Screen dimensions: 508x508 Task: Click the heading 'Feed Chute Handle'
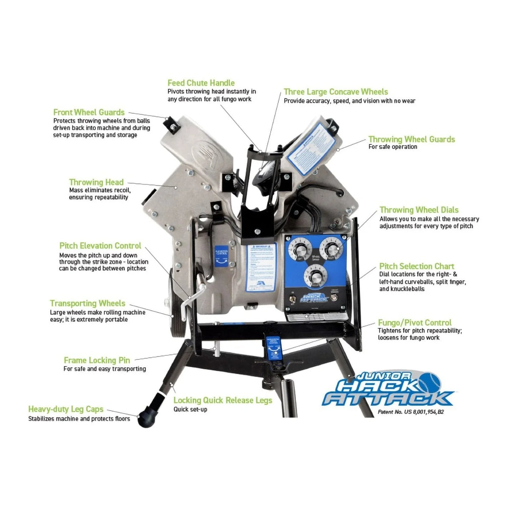click(201, 83)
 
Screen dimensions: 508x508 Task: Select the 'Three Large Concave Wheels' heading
click(336, 92)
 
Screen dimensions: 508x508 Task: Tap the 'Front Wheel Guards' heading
click(89, 112)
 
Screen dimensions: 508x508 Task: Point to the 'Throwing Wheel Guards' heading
click(411, 139)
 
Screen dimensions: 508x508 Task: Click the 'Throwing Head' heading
click(96, 182)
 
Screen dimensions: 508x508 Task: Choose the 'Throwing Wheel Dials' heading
click(419, 210)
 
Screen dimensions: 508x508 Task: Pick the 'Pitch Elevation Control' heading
click(100, 246)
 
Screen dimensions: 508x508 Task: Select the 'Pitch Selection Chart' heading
click(416, 266)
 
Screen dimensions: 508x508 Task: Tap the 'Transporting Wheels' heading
click(87, 303)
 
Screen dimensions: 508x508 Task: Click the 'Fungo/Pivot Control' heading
click(414, 323)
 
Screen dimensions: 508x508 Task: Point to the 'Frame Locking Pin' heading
click(97, 360)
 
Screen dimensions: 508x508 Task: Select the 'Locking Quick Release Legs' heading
click(223, 400)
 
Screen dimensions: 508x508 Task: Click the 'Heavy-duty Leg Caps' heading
click(66, 409)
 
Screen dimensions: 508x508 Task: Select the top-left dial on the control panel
click(300, 250)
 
